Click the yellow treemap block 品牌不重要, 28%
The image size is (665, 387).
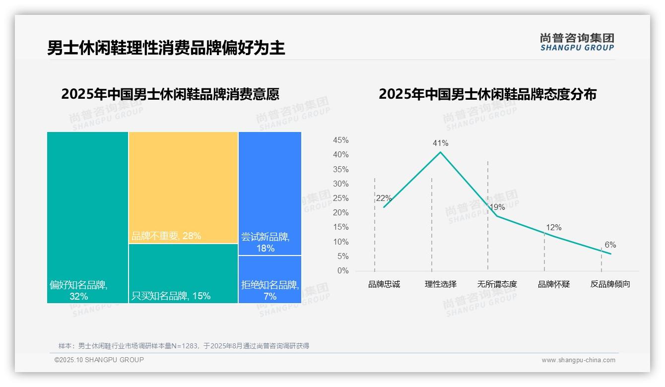coord(183,188)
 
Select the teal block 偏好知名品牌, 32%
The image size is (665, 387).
coord(87,217)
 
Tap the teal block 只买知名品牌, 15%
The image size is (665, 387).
coord(183,273)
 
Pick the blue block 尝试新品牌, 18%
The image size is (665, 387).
coord(269,193)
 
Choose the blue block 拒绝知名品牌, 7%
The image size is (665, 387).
coord(269,279)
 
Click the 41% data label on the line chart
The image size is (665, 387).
coord(440,143)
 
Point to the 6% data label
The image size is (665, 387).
coord(610,245)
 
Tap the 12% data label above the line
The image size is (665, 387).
coord(553,227)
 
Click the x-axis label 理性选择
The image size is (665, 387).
coord(440,284)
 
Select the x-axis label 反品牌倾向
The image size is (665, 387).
coord(610,284)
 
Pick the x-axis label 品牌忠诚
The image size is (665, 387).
coord(384,284)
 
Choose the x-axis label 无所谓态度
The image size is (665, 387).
coord(497,284)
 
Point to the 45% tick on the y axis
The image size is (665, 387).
coord(340,140)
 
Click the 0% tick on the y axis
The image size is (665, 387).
coord(343,271)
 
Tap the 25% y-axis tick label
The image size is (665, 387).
coord(340,198)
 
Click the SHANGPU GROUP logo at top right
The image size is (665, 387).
coord(577,42)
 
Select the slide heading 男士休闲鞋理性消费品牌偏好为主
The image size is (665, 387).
coord(166,48)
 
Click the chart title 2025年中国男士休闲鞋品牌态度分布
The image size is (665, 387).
coord(487,94)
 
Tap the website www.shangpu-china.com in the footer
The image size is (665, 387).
coord(578,360)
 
